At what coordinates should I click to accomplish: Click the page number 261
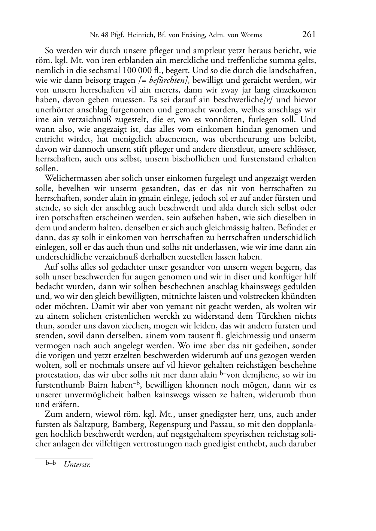tap(309, 34)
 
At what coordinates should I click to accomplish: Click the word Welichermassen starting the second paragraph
tap(71, 178)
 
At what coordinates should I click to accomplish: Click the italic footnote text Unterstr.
tap(77, 464)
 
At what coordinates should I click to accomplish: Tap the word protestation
tap(57, 375)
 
